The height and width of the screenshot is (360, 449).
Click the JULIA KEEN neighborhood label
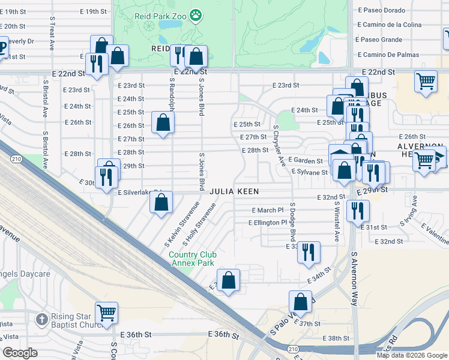[x=234, y=191]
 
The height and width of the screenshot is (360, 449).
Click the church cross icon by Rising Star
[x=41, y=319]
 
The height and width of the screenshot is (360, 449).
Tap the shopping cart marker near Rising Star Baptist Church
[x=106, y=312]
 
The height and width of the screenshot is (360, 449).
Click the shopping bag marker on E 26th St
[x=163, y=123]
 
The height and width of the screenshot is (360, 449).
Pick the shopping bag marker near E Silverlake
[x=161, y=202]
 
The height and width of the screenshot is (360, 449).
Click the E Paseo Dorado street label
[x=382, y=10]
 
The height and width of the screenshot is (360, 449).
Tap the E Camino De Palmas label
[x=385, y=55]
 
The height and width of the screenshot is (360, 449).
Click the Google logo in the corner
[x=20, y=353]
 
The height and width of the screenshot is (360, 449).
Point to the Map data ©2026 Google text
[x=412, y=355]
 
